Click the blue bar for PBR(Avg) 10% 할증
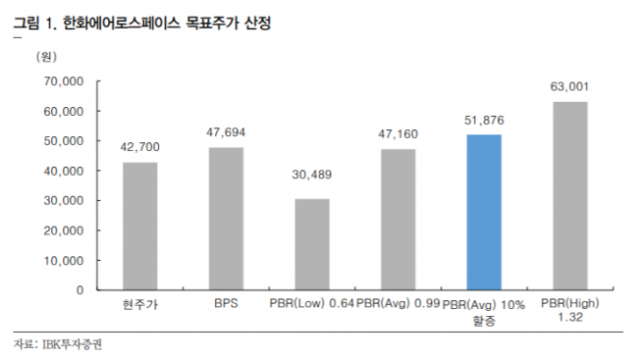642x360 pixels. point(484,212)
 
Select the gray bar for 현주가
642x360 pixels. point(139,226)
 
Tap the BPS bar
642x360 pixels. point(226,219)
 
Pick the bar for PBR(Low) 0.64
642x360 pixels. point(312,244)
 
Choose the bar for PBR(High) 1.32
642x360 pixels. point(570,195)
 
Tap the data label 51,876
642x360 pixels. point(484,121)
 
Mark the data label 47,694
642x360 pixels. point(226,131)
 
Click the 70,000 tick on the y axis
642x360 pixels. point(64,81)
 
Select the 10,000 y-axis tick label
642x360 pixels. point(64,260)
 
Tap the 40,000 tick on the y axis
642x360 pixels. point(64,171)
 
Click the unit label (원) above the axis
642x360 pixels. point(47,57)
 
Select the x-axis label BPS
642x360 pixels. point(226,306)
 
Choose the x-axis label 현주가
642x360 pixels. point(140,306)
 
